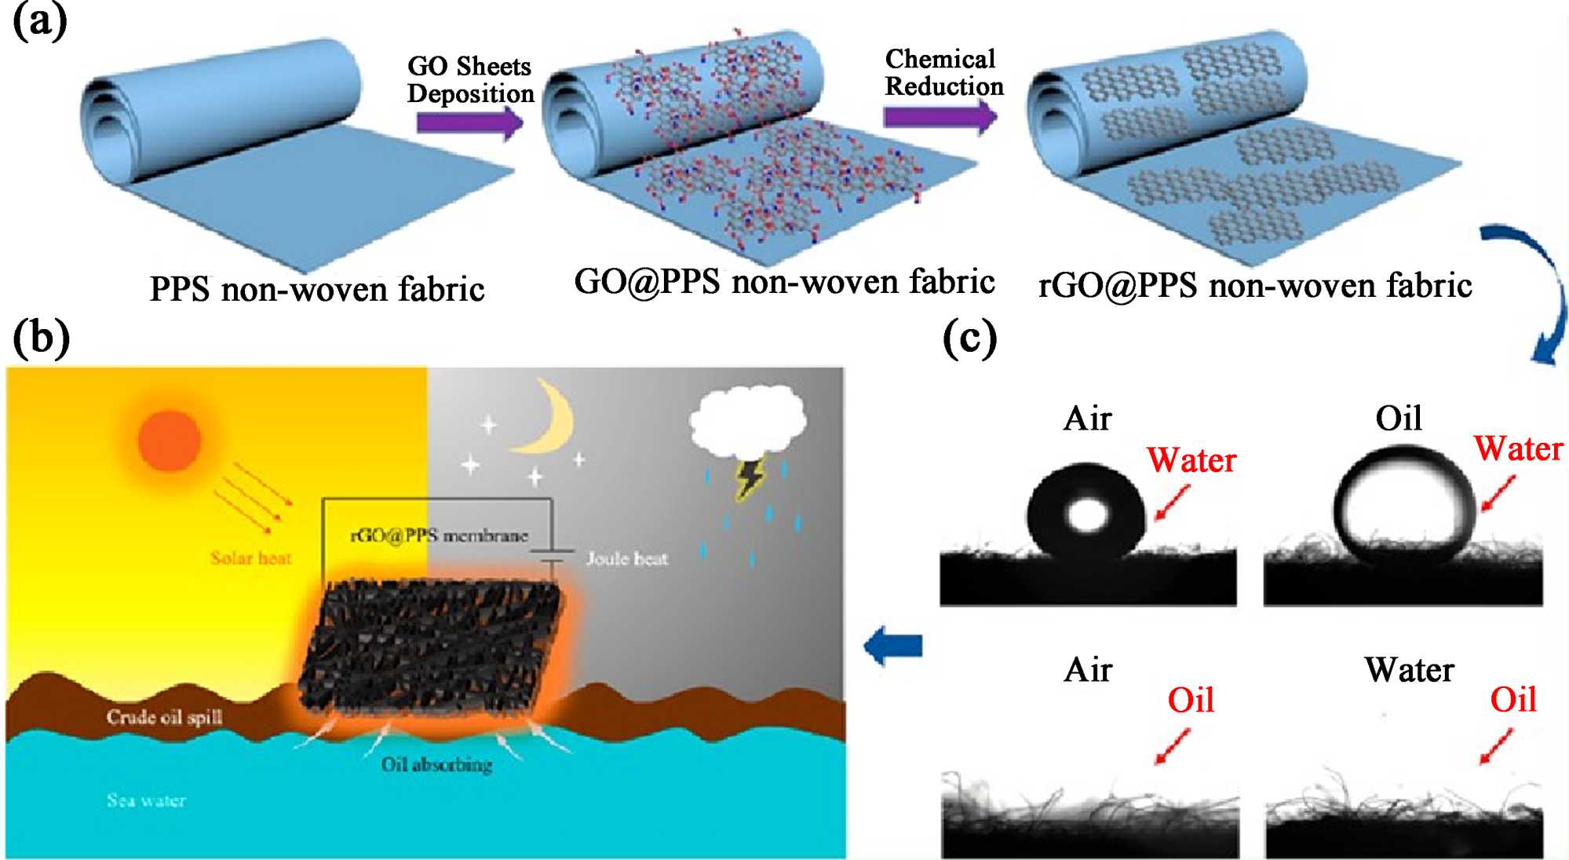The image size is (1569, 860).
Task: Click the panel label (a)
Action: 39,22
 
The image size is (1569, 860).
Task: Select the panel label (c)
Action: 969,339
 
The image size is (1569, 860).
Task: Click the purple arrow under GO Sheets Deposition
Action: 469,123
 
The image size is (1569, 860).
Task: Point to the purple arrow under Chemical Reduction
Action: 940,117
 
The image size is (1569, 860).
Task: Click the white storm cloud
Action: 747,420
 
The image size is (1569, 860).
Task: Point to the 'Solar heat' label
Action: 250,558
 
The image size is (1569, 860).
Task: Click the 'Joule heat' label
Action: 627,558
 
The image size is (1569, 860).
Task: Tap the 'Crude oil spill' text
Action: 164,717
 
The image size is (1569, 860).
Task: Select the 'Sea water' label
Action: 146,800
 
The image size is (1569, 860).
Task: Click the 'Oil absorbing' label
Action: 436,764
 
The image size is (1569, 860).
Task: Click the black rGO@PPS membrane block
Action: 430,646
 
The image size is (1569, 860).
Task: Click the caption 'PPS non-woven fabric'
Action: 317,289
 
